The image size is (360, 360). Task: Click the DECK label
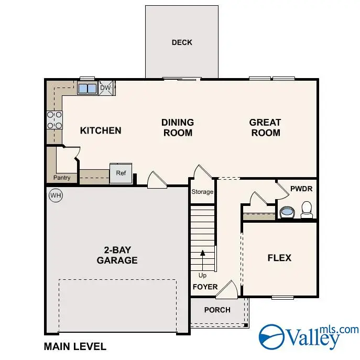click(x=182, y=42)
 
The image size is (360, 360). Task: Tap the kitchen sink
click(x=87, y=88)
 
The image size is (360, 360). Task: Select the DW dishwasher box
click(x=106, y=88)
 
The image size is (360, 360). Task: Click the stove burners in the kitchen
click(x=54, y=120)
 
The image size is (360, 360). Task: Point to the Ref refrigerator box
click(x=121, y=173)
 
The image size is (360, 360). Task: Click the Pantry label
click(x=62, y=178)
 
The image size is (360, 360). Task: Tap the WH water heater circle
click(x=55, y=195)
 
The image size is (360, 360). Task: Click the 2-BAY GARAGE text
click(x=117, y=255)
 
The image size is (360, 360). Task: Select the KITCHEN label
click(x=101, y=130)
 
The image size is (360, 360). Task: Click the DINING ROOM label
click(x=178, y=127)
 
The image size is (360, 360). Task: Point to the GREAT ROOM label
click(x=265, y=127)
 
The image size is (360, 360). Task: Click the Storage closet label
click(x=202, y=192)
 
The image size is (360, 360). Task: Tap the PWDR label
click(x=298, y=188)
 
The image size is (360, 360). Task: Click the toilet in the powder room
click(x=307, y=210)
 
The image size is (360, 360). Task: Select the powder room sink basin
click(x=287, y=213)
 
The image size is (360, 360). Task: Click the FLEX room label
click(x=279, y=258)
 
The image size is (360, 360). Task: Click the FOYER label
click(x=205, y=287)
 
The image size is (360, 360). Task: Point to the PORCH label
click(x=217, y=310)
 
